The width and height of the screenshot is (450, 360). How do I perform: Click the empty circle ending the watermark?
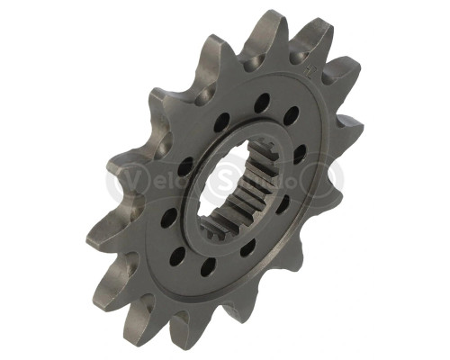tap(327, 178)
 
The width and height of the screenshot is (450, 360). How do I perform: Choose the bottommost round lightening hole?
tap(208, 266)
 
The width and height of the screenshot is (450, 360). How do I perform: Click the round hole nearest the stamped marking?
tap(292, 115)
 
